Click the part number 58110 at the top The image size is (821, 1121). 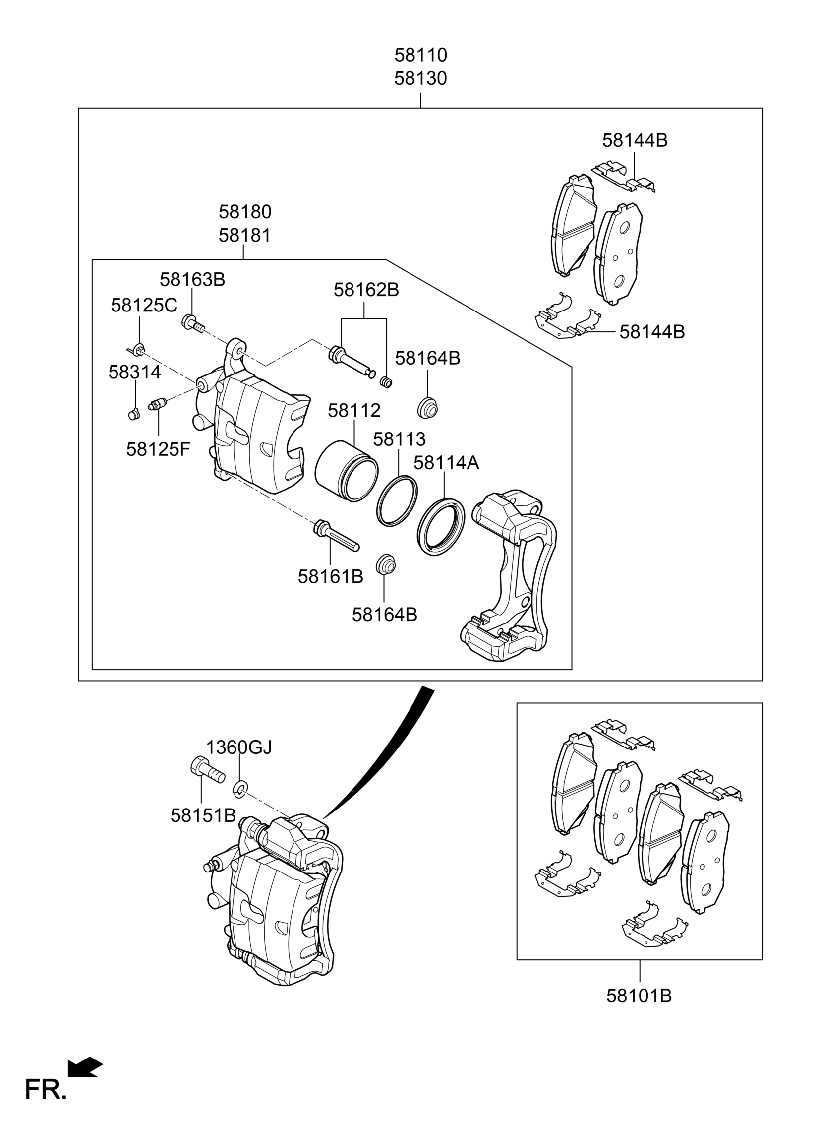(x=420, y=55)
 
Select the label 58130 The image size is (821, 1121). (x=420, y=78)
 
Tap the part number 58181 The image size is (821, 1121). (x=245, y=235)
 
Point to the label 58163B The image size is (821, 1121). (x=192, y=280)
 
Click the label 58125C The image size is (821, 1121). (x=144, y=305)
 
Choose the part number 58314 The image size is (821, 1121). (x=135, y=373)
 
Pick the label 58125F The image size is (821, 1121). (x=158, y=449)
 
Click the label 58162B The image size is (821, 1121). (x=366, y=290)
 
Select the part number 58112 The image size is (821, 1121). (x=354, y=411)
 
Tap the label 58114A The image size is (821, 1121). (x=446, y=463)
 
